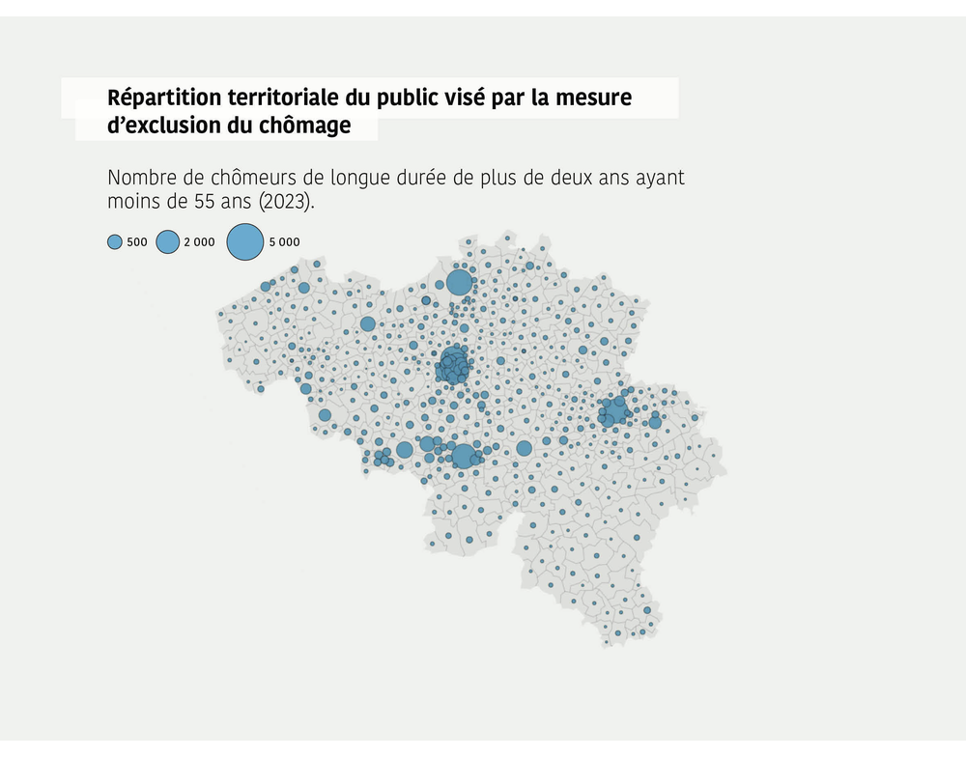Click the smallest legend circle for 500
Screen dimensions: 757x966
pyautogui.click(x=114, y=242)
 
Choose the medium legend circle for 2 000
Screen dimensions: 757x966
pyautogui.click(x=168, y=242)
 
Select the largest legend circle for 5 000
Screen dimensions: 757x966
pyautogui.click(x=245, y=242)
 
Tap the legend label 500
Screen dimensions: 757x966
pyautogui.click(x=137, y=242)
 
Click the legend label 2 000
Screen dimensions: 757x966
pyautogui.click(x=199, y=242)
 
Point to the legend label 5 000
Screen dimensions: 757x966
pyautogui.click(x=284, y=242)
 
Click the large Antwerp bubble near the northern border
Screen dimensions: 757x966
pyautogui.click(x=459, y=283)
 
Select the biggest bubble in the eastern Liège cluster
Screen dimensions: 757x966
pyautogui.click(x=615, y=409)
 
